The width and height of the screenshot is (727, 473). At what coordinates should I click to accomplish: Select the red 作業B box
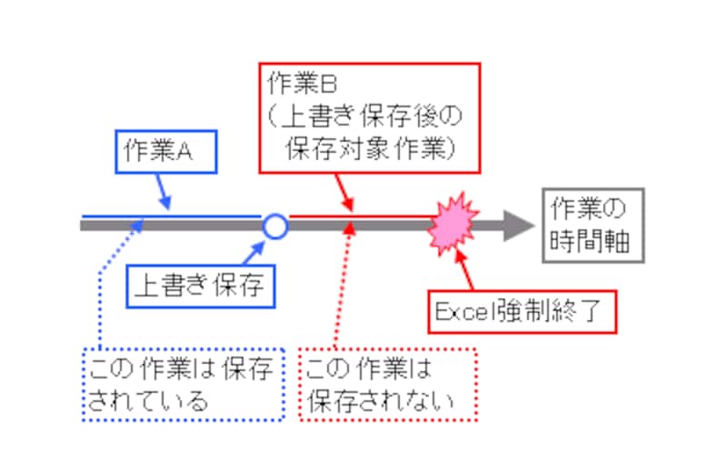pos(369,116)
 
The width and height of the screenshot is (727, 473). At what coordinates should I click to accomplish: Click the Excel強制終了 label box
pos(523,312)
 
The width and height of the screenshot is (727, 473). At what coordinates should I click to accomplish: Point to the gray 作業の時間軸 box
pos(592,226)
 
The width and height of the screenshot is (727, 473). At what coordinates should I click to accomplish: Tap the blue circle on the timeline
pos(274,225)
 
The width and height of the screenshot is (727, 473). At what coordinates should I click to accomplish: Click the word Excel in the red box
pos(464,312)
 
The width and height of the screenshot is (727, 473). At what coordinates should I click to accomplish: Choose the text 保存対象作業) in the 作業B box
pos(369,148)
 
